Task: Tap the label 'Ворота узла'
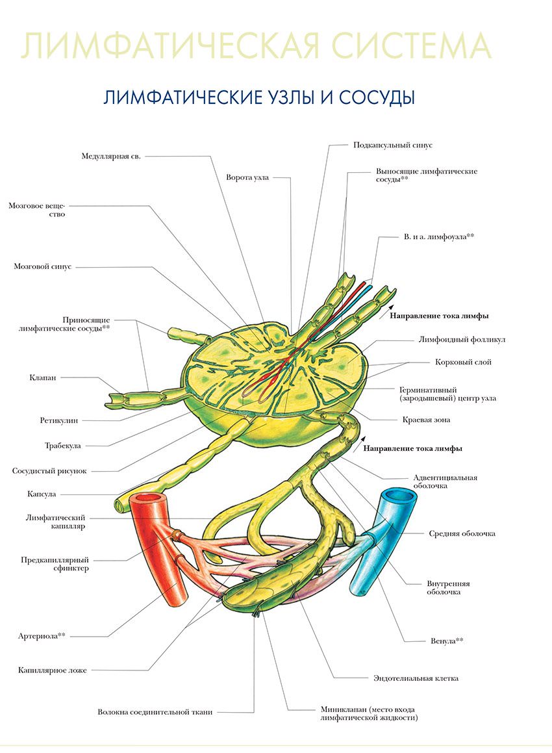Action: click(247, 177)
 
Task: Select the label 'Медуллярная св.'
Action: click(111, 156)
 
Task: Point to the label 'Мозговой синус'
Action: click(42, 266)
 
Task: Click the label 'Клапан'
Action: click(43, 377)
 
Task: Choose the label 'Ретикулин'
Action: click(58, 420)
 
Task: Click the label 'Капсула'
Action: click(42, 494)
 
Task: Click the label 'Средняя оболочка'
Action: click(462, 533)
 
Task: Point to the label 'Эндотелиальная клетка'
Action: click(416, 678)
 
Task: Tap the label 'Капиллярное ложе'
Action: click(53, 670)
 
